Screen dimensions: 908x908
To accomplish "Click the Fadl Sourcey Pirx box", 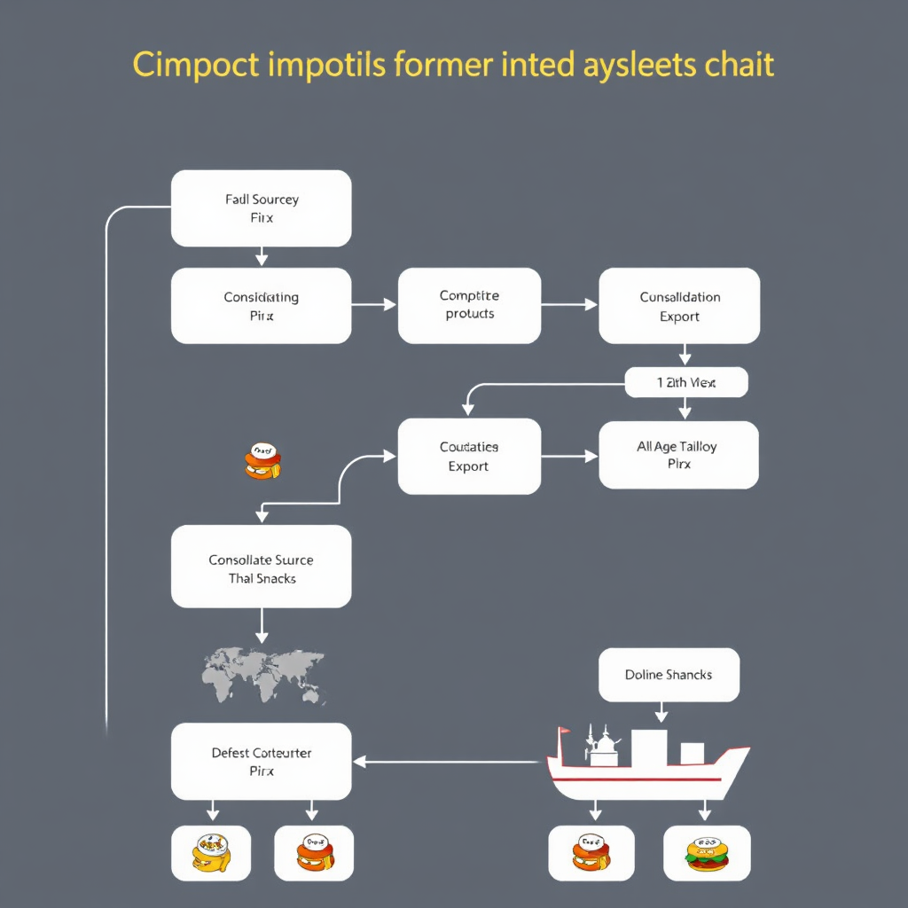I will (x=261, y=208).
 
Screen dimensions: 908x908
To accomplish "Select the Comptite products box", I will (x=469, y=305).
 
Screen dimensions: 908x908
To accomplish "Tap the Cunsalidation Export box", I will (x=679, y=306).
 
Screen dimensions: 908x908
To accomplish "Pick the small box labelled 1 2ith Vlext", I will (x=686, y=383).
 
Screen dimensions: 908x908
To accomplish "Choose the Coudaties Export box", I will (x=469, y=457).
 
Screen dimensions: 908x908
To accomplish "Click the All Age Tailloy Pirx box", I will (x=678, y=455).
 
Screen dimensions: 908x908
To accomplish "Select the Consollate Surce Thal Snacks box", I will (x=261, y=567).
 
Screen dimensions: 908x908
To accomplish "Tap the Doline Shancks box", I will (x=669, y=675).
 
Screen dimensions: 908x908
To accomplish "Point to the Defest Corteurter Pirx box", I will (x=261, y=762).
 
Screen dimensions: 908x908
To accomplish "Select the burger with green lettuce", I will (x=706, y=853).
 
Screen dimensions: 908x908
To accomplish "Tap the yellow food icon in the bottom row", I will (x=211, y=853).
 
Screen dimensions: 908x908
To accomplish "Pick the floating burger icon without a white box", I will (x=262, y=461).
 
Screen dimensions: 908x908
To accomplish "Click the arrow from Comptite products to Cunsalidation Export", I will (x=569, y=305).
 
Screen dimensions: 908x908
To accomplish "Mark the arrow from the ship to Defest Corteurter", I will (x=448, y=761).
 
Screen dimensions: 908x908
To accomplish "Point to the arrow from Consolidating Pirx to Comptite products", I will (x=374, y=305).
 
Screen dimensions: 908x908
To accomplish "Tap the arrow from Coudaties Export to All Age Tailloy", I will (x=569, y=457).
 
